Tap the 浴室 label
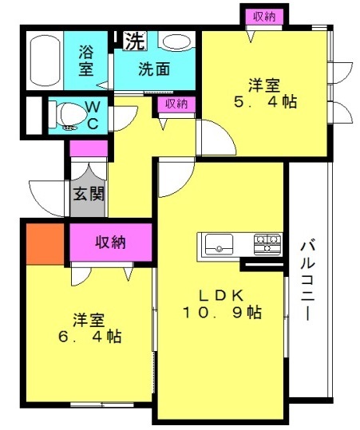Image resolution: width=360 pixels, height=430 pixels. click(x=86, y=61)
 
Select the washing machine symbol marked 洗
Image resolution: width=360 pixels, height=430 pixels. click(x=134, y=41)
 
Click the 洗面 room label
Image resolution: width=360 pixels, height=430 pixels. click(x=154, y=69)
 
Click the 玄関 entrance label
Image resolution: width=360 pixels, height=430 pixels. click(x=89, y=194)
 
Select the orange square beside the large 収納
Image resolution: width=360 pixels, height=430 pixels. click(x=45, y=244)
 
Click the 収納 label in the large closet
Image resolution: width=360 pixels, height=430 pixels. click(x=111, y=242)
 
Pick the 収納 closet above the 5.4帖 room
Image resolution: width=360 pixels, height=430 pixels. click(x=264, y=17)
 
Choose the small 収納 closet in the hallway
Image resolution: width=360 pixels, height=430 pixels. click(x=176, y=105)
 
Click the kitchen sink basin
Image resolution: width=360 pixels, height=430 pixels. click(x=219, y=244)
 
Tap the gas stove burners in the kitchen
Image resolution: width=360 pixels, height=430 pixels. click(x=267, y=244)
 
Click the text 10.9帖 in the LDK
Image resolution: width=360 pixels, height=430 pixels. click(x=222, y=313)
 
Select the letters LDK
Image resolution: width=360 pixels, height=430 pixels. click(x=221, y=295)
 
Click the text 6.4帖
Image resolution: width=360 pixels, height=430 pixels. click(x=89, y=337)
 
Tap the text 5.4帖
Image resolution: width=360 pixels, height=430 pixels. click(x=265, y=102)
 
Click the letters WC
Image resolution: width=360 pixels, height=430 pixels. click(x=93, y=116)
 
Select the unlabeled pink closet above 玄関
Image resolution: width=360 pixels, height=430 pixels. click(x=89, y=148)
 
